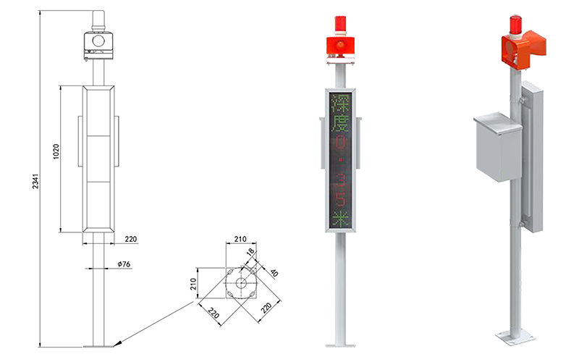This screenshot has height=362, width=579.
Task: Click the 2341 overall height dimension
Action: pyautogui.click(x=35, y=181)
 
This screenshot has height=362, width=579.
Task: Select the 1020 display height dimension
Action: pyautogui.click(x=56, y=151)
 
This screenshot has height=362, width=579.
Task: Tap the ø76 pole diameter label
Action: pyautogui.click(x=124, y=264)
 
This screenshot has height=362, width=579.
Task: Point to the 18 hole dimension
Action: pyautogui.click(x=250, y=253)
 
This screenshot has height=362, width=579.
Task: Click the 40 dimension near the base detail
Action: pyautogui.click(x=274, y=273)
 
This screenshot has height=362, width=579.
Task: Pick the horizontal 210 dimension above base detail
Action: pyautogui.click(x=240, y=239)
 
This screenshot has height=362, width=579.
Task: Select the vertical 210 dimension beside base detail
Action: pyautogui.click(x=193, y=284)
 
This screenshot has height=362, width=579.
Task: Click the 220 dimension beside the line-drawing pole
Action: pyautogui.click(x=131, y=239)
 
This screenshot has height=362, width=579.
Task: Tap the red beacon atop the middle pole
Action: pyautogui.click(x=339, y=23)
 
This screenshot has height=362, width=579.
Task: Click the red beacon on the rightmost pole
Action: pyautogui.click(x=515, y=25)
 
